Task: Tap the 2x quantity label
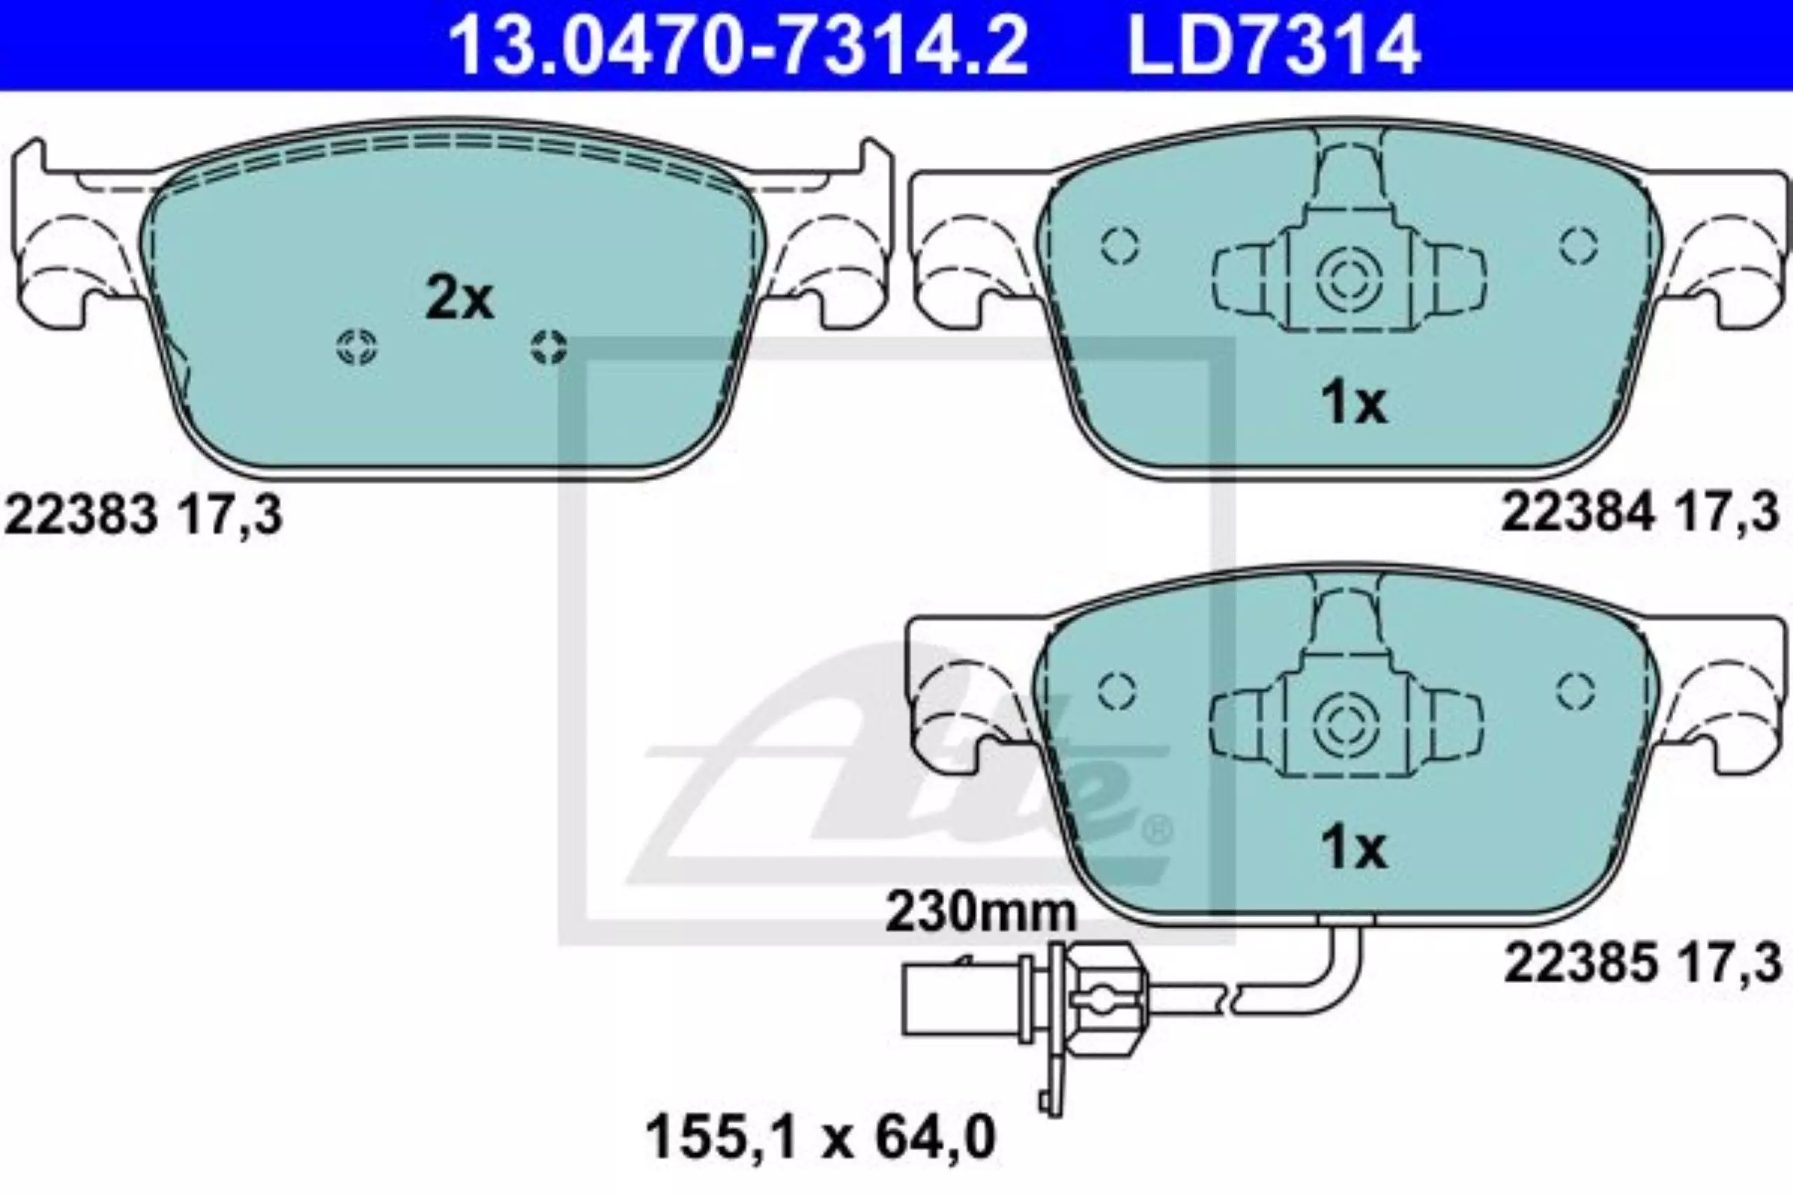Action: click(x=459, y=300)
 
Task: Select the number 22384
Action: click(x=1578, y=512)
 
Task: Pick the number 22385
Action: click(x=1580, y=963)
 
